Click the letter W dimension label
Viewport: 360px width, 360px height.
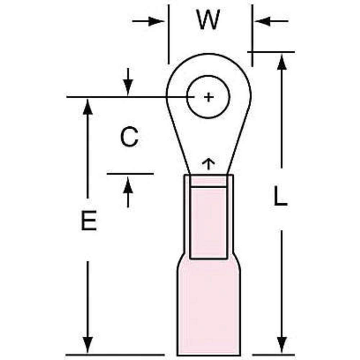208,21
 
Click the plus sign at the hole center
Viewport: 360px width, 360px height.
208,97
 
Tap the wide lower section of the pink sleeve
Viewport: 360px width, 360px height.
209,310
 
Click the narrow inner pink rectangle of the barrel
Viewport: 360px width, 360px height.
208,223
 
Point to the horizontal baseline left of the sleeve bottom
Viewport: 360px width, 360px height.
115,355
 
